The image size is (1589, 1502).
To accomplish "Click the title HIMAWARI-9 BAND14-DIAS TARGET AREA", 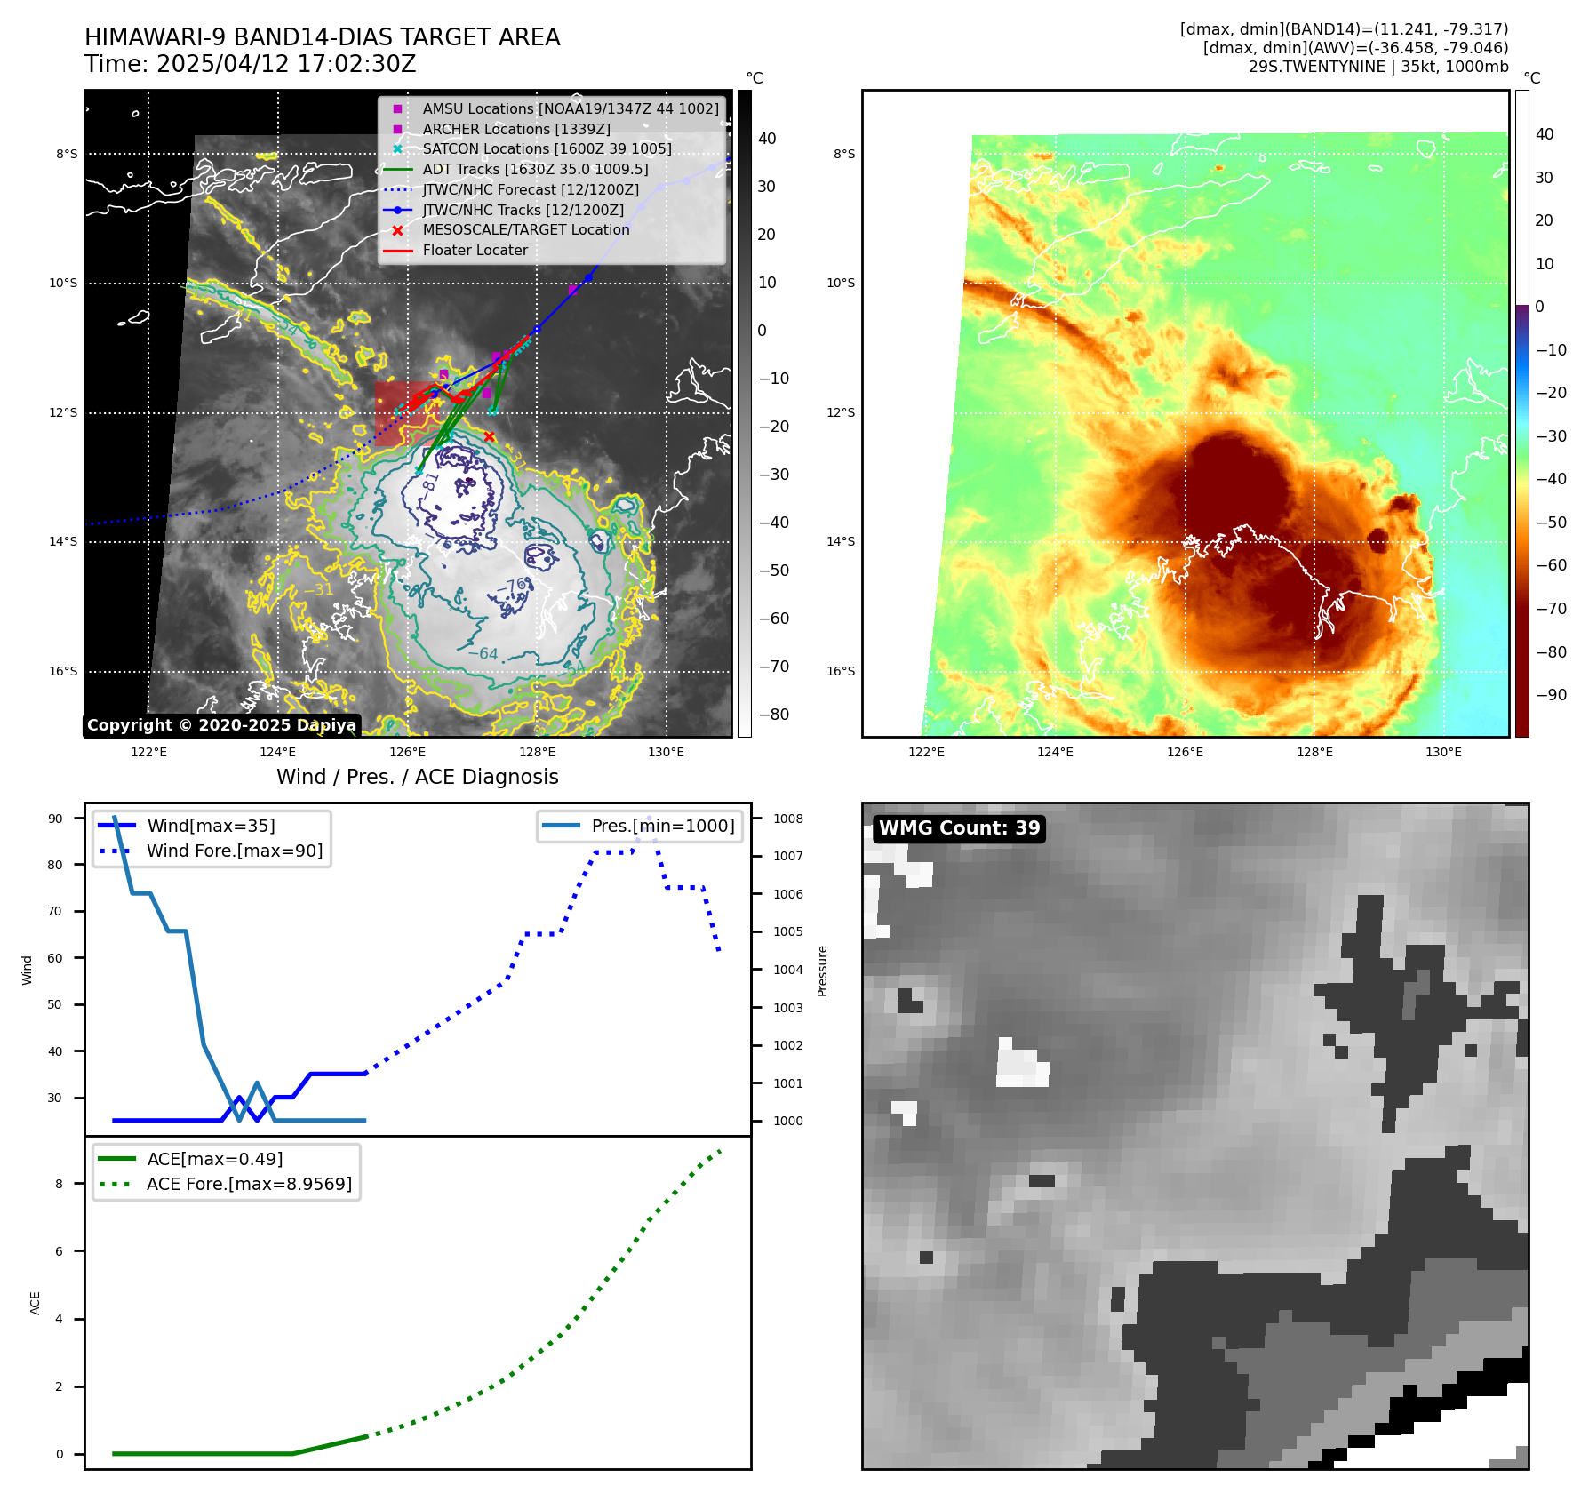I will [322, 37].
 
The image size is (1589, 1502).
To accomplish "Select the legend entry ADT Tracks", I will [535, 169].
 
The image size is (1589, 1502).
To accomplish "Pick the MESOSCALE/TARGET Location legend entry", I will [525, 229].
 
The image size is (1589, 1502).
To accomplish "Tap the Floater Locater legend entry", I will [475, 250].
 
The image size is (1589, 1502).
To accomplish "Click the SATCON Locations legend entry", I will [547, 148].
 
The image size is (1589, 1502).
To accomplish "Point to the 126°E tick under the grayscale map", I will [407, 752].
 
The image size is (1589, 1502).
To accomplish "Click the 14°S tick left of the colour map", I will [841, 541].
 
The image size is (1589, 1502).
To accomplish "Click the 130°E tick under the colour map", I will [1443, 752].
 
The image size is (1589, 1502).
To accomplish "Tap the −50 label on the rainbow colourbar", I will [1551, 523].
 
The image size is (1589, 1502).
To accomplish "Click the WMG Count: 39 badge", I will [959, 828].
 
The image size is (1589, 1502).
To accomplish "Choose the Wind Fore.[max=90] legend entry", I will [235, 851].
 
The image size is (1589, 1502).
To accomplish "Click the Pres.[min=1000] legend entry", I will [663, 826].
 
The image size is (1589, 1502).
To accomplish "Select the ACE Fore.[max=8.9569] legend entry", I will [249, 1184].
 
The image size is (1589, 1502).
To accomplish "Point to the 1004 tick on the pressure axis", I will [787, 970].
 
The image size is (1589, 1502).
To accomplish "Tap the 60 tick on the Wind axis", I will [55, 958].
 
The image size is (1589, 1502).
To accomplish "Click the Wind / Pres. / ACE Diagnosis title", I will [418, 777].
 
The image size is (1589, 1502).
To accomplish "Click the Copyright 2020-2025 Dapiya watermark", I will [221, 725].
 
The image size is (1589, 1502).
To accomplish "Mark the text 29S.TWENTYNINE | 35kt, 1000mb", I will [1377, 67].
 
